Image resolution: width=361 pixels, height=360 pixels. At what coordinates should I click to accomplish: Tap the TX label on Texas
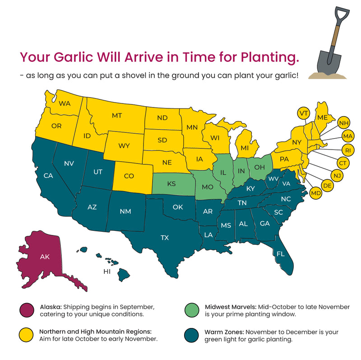coord(165,238)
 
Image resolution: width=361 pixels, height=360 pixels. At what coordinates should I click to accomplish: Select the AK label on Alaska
coord(45,257)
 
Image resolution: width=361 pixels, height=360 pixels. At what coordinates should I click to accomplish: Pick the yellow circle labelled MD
coord(316,194)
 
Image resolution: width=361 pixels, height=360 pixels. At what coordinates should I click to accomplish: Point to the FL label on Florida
coord(280,254)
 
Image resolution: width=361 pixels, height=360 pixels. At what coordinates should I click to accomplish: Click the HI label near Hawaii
coord(107,271)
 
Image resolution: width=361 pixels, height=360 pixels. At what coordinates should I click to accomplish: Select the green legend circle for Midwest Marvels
coord(193,311)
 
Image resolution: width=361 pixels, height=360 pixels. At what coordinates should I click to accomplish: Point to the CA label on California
coord(48,175)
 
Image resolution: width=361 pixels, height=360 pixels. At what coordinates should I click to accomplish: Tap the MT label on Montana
coord(117,116)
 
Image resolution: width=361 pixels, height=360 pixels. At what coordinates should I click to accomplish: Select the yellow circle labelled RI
coord(347,150)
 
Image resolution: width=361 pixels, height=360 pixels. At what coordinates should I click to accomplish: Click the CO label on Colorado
coord(129,176)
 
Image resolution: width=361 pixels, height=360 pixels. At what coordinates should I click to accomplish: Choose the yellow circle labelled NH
coord(344,123)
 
